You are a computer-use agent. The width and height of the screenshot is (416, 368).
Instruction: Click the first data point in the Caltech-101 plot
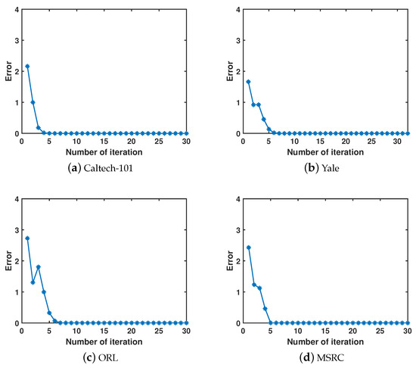click(28, 67)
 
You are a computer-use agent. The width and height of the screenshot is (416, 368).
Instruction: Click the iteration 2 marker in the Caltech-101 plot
click(33, 102)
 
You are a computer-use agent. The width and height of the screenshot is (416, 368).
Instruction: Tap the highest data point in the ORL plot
click(28, 239)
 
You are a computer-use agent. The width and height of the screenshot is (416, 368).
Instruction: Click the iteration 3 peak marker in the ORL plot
click(39, 267)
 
